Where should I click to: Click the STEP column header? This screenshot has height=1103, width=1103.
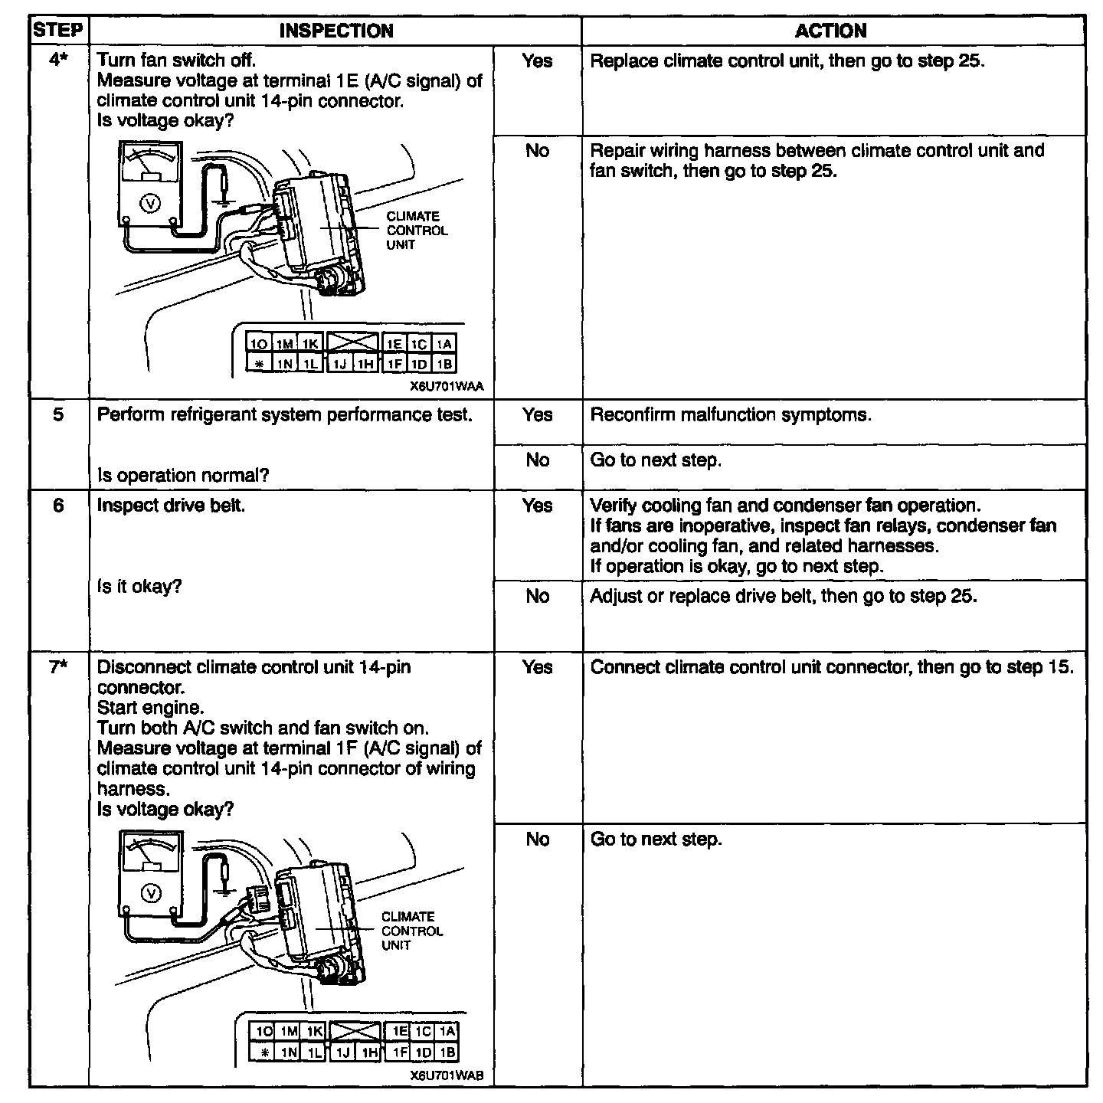(58, 31)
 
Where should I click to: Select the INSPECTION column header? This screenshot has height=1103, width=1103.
(336, 31)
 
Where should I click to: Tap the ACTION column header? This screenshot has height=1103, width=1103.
(831, 31)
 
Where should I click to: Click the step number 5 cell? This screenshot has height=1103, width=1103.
(58, 414)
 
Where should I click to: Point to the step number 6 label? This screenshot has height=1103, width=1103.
(58, 506)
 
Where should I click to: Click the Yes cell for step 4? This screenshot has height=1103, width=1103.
(537, 61)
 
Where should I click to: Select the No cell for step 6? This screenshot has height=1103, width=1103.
(537, 596)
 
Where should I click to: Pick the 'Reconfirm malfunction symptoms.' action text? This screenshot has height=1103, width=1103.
(731, 415)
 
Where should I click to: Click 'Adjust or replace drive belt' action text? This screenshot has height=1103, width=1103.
(784, 596)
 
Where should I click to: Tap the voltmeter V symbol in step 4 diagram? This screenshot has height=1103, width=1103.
(151, 202)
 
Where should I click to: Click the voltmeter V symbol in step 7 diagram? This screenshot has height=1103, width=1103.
(151, 893)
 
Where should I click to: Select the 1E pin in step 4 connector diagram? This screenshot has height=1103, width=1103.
(393, 345)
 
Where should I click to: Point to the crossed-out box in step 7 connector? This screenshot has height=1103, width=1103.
(353, 1033)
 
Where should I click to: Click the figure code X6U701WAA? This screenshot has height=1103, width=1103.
(447, 387)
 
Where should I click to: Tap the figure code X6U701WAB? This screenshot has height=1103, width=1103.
(447, 1076)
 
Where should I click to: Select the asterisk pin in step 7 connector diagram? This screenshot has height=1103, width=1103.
(263, 1053)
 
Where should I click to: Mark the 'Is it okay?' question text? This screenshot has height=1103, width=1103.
(139, 588)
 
